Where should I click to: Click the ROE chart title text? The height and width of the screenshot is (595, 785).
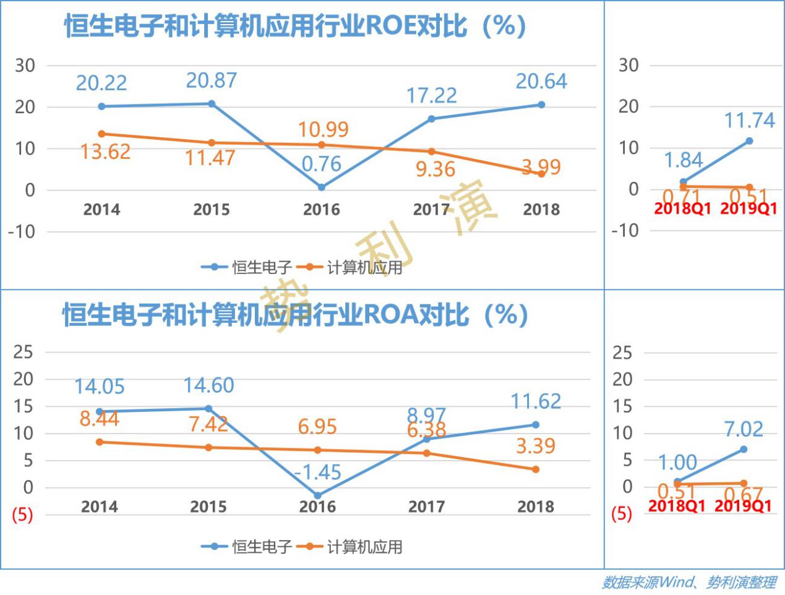click(x=294, y=26)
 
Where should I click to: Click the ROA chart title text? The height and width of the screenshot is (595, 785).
click(x=294, y=315)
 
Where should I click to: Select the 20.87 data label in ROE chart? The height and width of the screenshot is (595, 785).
click(x=212, y=81)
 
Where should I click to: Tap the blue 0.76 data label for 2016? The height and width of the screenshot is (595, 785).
click(x=322, y=164)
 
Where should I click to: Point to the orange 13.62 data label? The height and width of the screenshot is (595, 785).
click(x=105, y=152)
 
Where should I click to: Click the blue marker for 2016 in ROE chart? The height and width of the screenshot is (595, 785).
click(x=322, y=187)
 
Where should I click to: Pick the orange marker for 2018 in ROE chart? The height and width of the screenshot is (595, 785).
click(x=541, y=174)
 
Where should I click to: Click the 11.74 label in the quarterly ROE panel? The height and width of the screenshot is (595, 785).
click(x=749, y=120)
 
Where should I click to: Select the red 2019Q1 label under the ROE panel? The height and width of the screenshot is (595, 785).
click(x=749, y=209)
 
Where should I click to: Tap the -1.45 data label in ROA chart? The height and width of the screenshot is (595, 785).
click(x=317, y=473)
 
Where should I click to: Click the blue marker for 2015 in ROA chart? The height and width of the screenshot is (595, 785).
click(x=208, y=408)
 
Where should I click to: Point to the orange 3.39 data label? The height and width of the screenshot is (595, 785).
click(x=536, y=446)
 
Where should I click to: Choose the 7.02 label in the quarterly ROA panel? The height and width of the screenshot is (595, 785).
click(x=744, y=429)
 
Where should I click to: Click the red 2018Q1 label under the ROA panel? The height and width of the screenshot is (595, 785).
click(x=676, y=506)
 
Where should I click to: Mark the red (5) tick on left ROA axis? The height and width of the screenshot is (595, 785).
click(x=22, y=515)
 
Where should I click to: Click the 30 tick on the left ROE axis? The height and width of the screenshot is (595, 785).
click(x=25, y=66)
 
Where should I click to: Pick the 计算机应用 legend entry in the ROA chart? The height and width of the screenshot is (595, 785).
click(x=364, y=547)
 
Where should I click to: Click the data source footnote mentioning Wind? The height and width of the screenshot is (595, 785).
click(x=688, y=583)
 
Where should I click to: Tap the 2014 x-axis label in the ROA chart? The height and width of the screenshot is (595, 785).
click(x=100, y=507)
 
